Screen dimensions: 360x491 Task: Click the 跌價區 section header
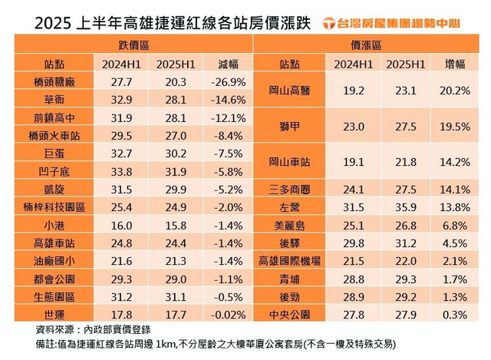[133, 46]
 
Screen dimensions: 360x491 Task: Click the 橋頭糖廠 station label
[48, 81]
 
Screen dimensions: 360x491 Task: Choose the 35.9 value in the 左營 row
[404, 206]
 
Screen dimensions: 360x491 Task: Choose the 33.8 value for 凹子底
[107, 170]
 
